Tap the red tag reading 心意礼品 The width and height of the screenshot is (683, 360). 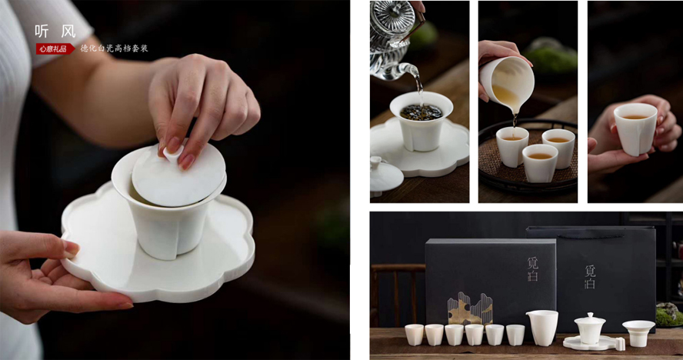tap(55, 48)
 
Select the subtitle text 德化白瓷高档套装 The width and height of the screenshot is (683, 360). tap(114, 48)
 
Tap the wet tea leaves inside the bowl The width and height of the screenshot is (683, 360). tap(421, 112)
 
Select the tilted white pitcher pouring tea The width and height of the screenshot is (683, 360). tap(508, 82)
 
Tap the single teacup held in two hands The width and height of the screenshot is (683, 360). tap(635, 128)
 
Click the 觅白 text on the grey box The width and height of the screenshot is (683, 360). tap(533, 269)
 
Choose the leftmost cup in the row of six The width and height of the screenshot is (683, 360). tap(414, 334)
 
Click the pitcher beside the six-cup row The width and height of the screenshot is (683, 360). tap(542, 327)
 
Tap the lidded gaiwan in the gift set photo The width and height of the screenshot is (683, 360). tap(590, 329)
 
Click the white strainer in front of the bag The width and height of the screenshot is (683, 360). tap(638, 332)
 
